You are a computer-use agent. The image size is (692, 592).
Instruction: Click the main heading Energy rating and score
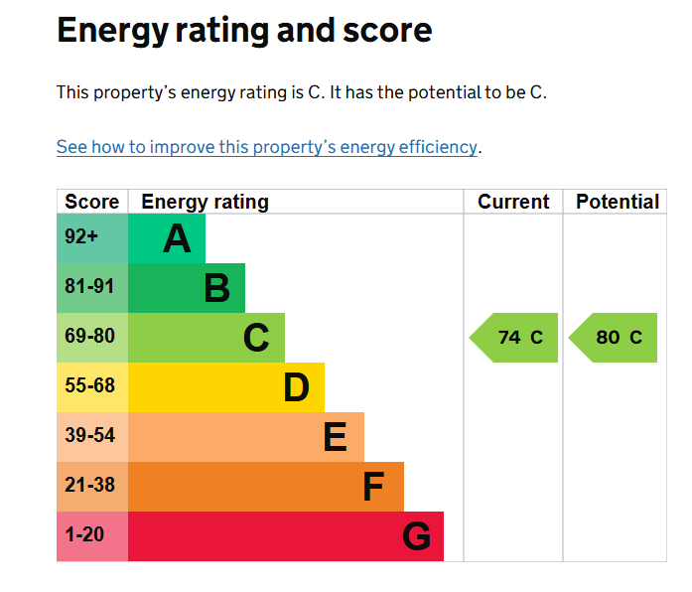[244, 31]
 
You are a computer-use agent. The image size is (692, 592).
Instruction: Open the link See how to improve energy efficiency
[266, 147]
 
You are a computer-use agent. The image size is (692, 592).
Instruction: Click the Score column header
[91, 202]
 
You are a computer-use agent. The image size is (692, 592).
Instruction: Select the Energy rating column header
[205, 202]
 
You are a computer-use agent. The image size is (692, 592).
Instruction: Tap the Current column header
[512, 202]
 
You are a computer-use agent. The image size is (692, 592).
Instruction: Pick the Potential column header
[617, 202]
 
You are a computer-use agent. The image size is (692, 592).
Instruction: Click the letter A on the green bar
[177, 239]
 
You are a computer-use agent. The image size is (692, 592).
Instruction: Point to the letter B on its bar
[216, 289]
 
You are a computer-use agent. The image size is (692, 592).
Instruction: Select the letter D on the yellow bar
[296, 388]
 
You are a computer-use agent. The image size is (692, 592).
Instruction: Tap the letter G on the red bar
[416, 537]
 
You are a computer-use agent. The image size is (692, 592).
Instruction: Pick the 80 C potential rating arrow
[615, 338]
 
